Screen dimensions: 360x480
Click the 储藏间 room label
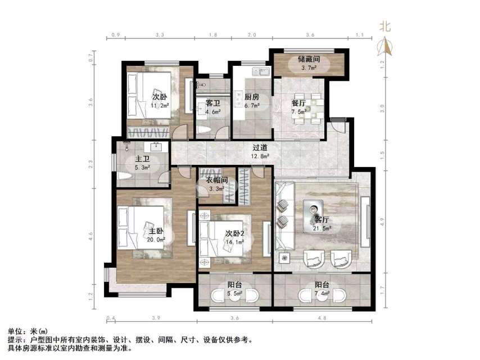point(309,58)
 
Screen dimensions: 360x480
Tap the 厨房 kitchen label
point(251,97)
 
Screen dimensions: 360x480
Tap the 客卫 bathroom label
point(212,103)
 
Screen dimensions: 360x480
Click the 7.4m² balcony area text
point(322,294)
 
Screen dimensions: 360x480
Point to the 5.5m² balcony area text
point(234,294)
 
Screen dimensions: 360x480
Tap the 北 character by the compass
point(385,26)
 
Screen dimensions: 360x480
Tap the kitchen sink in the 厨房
point(261,72)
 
